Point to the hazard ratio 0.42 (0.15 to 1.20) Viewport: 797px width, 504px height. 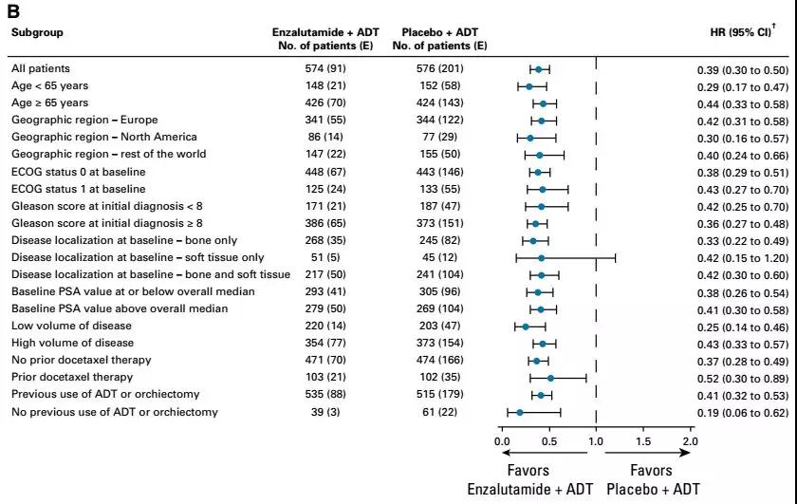736,257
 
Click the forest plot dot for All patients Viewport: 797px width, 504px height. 538,69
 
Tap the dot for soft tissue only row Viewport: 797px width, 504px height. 541,257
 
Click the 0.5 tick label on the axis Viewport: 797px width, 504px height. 548,441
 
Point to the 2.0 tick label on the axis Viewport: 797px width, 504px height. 689,441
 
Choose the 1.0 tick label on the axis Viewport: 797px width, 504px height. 596,441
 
